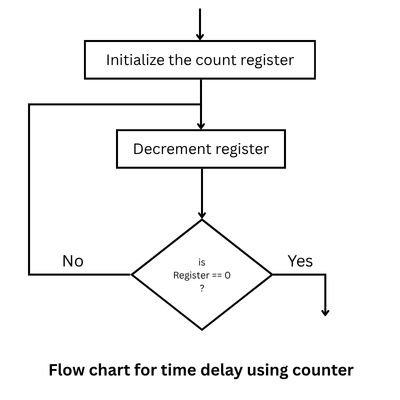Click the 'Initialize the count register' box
tap(201, 60)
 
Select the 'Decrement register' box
tap(201, 151)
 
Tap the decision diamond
tap(202, 273)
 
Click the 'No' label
tap(73, 261)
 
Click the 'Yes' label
tap(300, 261)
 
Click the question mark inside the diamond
tap(202, 288)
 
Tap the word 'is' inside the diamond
tap(202, 261)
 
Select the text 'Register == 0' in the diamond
tap(202, 274)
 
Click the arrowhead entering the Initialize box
tap(201, 35)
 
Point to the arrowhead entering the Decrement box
tap(201, 126)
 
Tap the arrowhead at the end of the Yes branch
tap(325, 312)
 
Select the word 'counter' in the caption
tap(321, 370)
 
